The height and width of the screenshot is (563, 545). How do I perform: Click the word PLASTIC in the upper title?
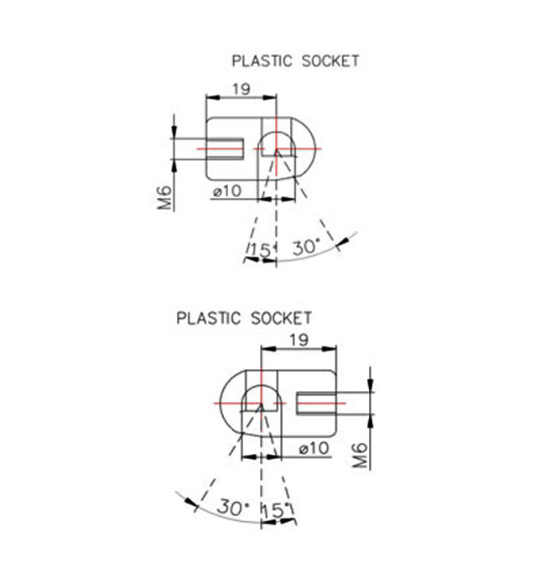coord(262,60)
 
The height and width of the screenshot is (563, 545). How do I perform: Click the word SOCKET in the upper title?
coord(330,60)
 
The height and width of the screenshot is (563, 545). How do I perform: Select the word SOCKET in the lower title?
coord(281,318)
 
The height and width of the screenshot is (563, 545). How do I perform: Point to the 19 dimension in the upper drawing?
coord(241,89)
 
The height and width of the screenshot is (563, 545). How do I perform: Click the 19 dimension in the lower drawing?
coord(298,340)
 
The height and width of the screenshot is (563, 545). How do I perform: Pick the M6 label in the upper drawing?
coord(165,197)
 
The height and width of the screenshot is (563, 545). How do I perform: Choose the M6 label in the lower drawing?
coord(361,455)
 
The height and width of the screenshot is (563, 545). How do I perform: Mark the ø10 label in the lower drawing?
coord(314,448)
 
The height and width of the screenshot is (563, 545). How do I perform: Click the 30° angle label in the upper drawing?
coord(305,247)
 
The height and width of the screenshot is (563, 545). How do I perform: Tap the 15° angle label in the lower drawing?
coord(276,510)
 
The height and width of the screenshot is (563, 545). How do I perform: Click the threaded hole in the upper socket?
coord(226,149)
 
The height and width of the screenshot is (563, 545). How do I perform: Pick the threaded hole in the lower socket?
coord(316,404)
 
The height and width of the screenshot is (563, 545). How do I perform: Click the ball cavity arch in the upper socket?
coord(278,132)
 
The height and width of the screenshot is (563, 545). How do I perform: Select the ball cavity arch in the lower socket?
coord(262,386)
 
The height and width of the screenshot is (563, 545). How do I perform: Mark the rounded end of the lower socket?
coord(221,404)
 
